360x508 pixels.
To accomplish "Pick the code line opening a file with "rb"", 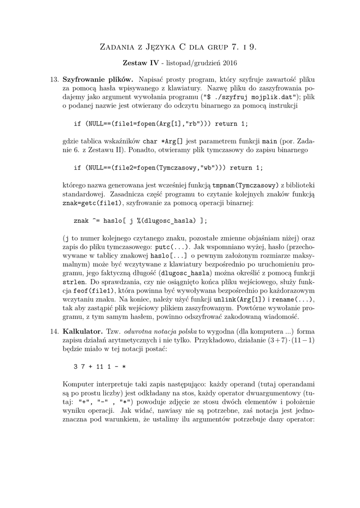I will (160, 123).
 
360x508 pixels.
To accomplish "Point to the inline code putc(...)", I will (172, 246).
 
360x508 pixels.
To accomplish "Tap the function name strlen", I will (73, 281).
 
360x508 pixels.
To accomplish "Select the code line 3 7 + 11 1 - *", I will (100, 366).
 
